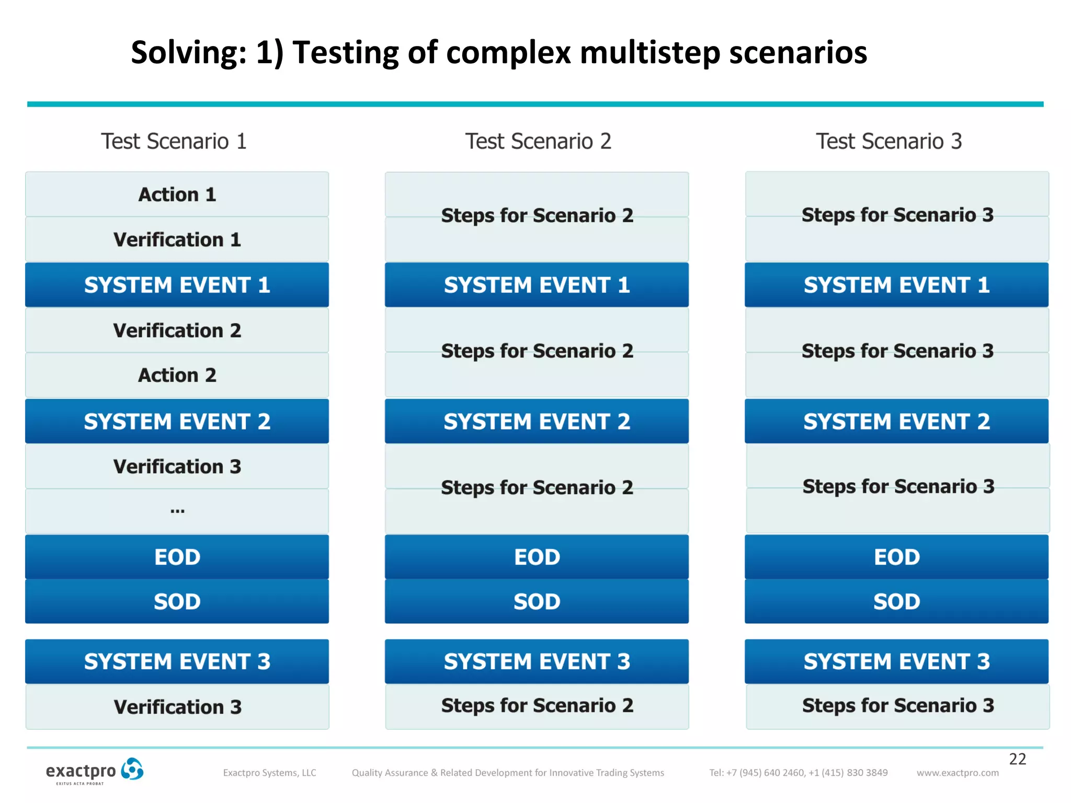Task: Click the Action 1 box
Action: pyautogui.click(x=177, y=194)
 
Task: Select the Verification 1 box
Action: pyautogui.click(x=177, y=239)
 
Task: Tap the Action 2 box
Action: pyautogui.click(x=177, y=375)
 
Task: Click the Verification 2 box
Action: pyautogui.click(x=177, y=330)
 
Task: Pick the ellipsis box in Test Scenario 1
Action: pyautogui.click(x=177, y=511)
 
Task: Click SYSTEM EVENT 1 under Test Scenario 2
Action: pyautogui.click(x=537, y=285)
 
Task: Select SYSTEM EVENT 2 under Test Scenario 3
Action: pyautogui.click(x=896, y=421)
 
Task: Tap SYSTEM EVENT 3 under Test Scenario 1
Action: pyautogui.click(x=177, y=661)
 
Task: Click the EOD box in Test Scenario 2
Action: pyautogui.click(x=537, y=557)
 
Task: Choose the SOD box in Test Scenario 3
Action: pyautogui.click(x=896, y=602)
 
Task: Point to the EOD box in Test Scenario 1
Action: pyautogui.click(x=177, y=557)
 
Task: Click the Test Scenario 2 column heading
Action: pyautogui.click(x=538, y=141)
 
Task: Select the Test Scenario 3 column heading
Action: pyautogui.click(x=888, y=141)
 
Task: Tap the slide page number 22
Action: pyautogui.click(x=1017, y=759)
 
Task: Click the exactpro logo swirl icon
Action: pyautogui.click(x=132, y=769)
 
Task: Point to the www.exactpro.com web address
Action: pyautogui.click(x=957, y=773)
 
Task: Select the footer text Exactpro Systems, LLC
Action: pyautogui.click(x=269, y=773)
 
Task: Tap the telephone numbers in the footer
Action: pyautogui.click(x=798, y=773)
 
